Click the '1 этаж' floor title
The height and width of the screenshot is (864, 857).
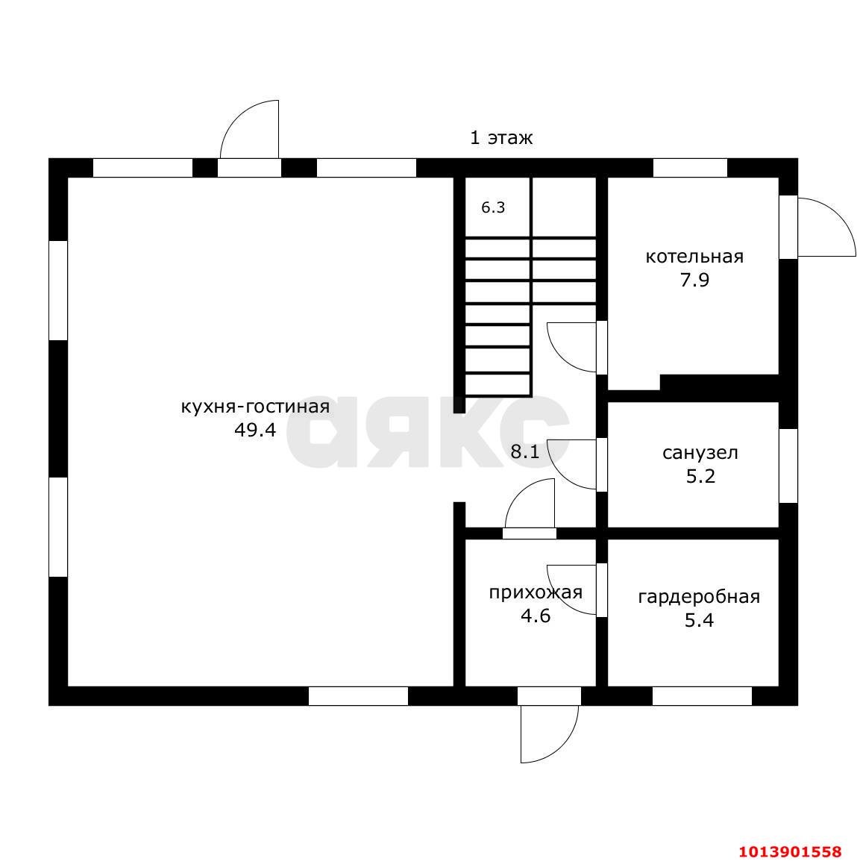[x=501, y=138]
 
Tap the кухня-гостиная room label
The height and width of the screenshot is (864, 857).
[x=256, y=407]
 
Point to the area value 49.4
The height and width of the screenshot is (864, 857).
[x=255, y=430]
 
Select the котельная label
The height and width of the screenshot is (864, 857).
[x=694, y=257]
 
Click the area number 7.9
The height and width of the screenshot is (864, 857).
[x=694, y=280]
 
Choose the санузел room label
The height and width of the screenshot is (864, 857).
[x=700, y=453]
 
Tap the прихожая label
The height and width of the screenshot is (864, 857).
[x=536, y=593]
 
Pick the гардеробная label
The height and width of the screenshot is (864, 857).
[x=699, y=598]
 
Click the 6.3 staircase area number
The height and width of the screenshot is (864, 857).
[x=493, y=207]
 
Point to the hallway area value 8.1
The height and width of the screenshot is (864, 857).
[x=525, y=452]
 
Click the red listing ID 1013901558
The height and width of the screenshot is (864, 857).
[x=791, y=852]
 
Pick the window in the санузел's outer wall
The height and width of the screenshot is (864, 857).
[x=788, y=466]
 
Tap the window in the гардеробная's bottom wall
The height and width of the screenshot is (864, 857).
[x=703, y=696]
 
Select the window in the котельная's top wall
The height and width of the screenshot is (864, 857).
[x=690, y=168]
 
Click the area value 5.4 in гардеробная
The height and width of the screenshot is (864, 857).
[x=699, y=621]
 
